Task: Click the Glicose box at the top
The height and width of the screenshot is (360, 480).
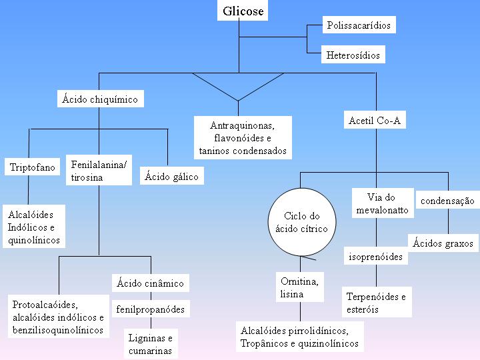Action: [x=243, y=11]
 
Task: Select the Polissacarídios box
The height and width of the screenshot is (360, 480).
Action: [x=359, y=26]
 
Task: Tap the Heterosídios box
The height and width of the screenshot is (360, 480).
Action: [x=354, y=55]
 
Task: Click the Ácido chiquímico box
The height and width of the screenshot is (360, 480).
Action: [x=100, y=99]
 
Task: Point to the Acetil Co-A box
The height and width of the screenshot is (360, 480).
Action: [x=377, y=121]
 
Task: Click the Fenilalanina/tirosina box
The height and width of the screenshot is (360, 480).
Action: [x=99, y=171]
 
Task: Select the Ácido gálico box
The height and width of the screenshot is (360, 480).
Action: [x=171, y=177]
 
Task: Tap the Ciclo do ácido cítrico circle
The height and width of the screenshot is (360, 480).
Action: [x=302, y=223]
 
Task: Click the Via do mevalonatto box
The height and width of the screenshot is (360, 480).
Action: [x=381, y=203]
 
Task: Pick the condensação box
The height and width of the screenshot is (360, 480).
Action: [x=447, y=200]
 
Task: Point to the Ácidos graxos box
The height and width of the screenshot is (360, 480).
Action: [x=443, y=243]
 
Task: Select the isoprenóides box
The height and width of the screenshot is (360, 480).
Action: [x=376, y=257]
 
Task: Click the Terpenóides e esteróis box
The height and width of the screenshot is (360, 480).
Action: [x=376, y=303]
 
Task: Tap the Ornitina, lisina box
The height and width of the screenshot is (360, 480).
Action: [x=300, y=287]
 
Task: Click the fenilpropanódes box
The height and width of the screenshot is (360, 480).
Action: [x=150, y=309]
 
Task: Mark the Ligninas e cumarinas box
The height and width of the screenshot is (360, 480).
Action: [x=150, y=344]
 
